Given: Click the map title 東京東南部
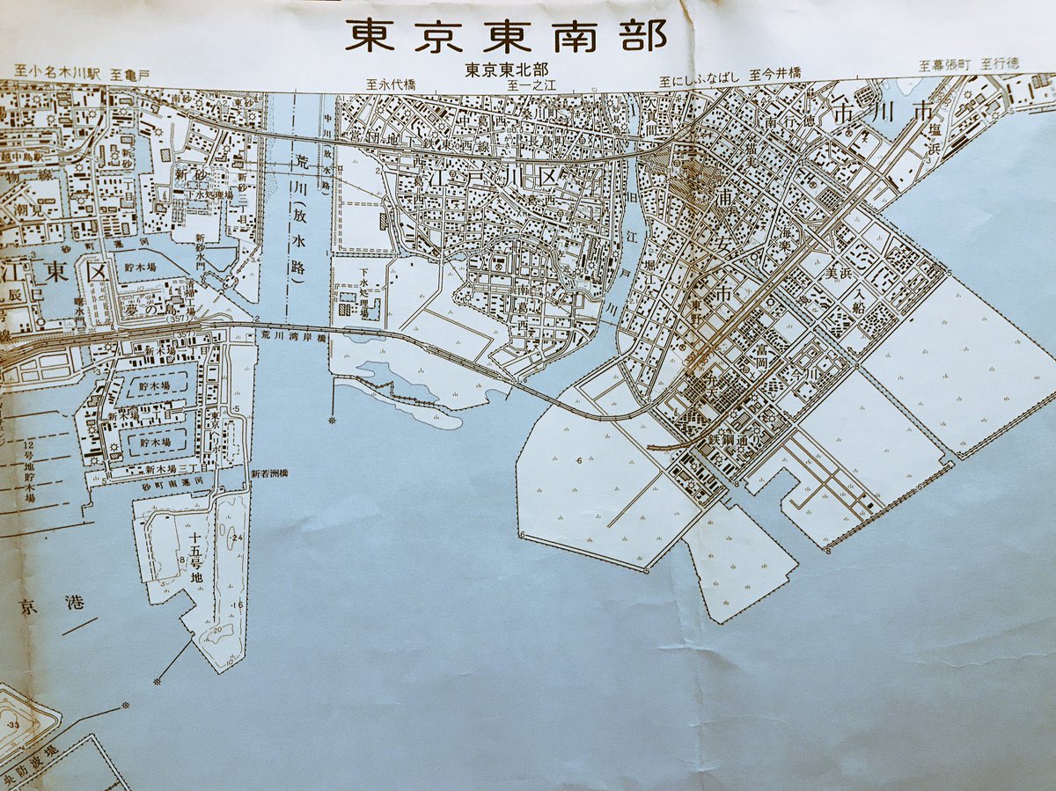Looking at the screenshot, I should point(505,35).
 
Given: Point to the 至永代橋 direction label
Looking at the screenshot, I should point(391,85).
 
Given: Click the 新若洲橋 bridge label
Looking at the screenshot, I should point(269,473).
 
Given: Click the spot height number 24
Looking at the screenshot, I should point(238,538).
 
